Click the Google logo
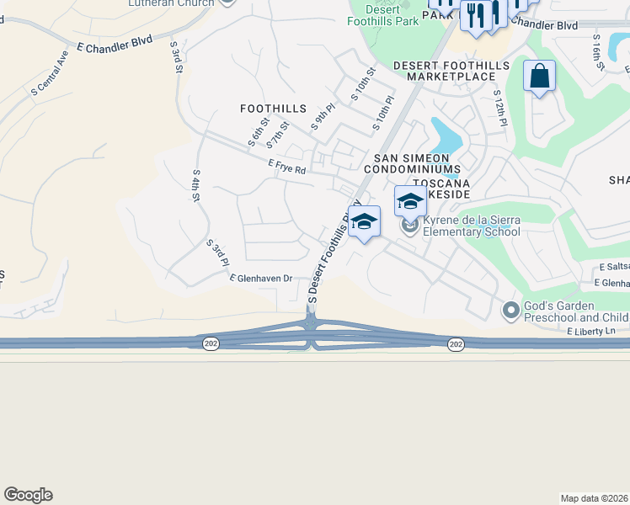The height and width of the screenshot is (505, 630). (28, 495)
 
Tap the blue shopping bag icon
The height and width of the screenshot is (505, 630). (539, 77)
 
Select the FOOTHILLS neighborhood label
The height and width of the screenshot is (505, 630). (273, 109)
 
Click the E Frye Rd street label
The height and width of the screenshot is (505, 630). (287, 168)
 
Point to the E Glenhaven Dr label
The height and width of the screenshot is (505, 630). (260, 278)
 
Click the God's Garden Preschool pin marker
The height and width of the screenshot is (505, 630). (510, 311)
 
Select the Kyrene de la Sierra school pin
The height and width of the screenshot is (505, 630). (410, 226)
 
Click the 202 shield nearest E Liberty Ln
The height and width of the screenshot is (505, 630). (456, 345)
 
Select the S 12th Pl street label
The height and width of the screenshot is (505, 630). (500, 108)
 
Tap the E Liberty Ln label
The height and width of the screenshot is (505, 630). (591, 332)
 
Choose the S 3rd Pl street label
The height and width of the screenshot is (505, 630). (218, 252)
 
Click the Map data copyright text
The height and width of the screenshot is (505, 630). (595, 498)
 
